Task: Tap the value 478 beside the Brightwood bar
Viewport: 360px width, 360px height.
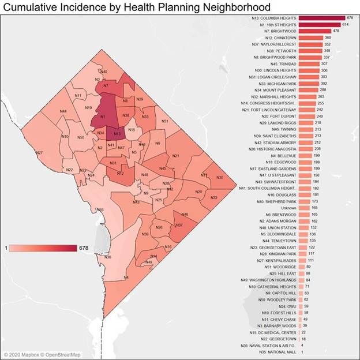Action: tap(336, 31)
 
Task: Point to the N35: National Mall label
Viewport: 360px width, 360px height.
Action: tap(279, 351)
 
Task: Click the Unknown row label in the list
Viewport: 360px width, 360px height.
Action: tap(289, 207)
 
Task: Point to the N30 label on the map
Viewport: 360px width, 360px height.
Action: tap(219, 178)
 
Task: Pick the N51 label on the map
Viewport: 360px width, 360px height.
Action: tap(165, 121)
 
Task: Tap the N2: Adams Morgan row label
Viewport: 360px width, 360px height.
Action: tap(279, 220)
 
